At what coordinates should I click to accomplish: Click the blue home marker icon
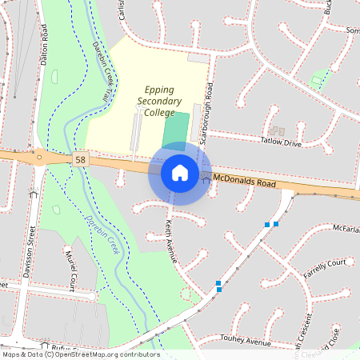180,172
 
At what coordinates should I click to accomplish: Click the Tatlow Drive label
280,142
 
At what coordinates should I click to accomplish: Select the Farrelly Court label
325,267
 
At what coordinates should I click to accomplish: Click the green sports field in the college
177,130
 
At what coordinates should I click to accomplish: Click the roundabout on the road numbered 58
39,156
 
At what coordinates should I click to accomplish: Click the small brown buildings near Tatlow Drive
277,130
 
